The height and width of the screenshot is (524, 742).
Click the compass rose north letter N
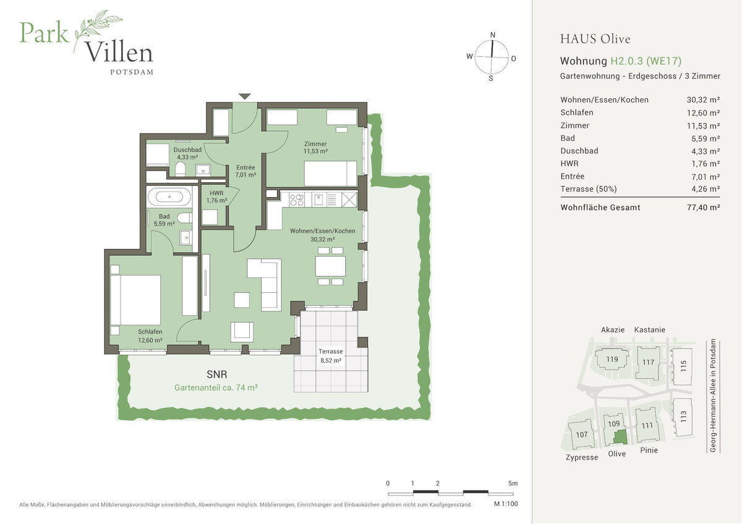coord(493,35)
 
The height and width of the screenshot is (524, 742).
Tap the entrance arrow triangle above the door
coord(245,96)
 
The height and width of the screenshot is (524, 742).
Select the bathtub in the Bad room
coord(169,198)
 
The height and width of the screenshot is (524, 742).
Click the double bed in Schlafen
coord(136,300)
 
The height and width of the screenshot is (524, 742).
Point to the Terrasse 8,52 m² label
coord(330,355)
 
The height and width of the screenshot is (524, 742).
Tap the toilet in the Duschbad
coord(181,169)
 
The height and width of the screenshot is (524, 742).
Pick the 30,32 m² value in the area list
coord(703,99)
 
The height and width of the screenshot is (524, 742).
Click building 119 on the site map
coord(612,359)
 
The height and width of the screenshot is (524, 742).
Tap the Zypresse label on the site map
coord(582,457)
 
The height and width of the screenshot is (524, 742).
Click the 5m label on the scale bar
coord(513,483)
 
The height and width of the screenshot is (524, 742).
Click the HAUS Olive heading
coord(595,39)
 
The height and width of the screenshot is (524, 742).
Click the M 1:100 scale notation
coord(505,504)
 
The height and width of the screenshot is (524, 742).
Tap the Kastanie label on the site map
coord(649,330)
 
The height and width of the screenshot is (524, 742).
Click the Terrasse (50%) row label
coord(588,188)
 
